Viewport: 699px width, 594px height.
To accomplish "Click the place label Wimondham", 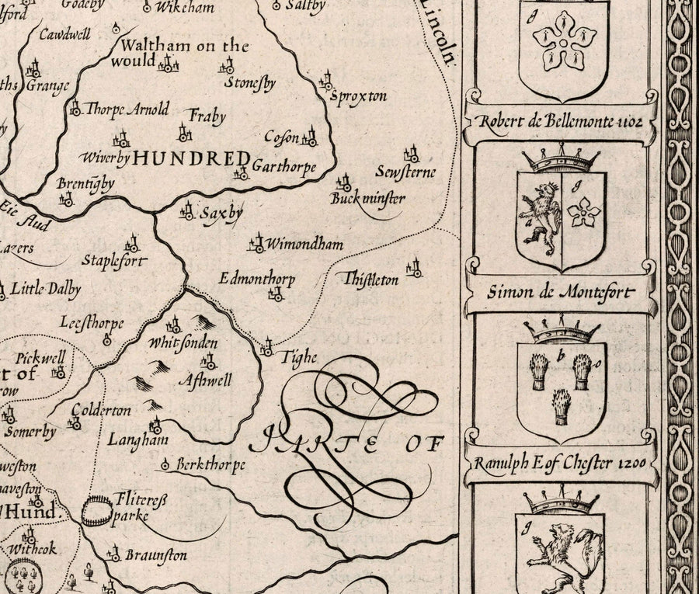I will (x=304, y=245).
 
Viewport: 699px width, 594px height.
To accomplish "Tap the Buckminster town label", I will (x=367, y=200).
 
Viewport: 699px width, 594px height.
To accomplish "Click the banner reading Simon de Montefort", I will (x=560, y=293).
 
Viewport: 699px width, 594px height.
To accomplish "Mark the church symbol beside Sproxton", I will (x=327, y=81).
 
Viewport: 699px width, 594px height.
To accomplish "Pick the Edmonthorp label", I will (x=257, y=277).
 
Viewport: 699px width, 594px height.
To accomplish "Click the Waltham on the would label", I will (x=180, y=53).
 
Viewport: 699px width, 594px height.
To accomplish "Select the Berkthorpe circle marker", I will (x=165, y=465).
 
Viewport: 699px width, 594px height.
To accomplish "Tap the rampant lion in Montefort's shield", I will (x=540, y=219).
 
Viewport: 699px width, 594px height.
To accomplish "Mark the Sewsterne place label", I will (x=405, y=172).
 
